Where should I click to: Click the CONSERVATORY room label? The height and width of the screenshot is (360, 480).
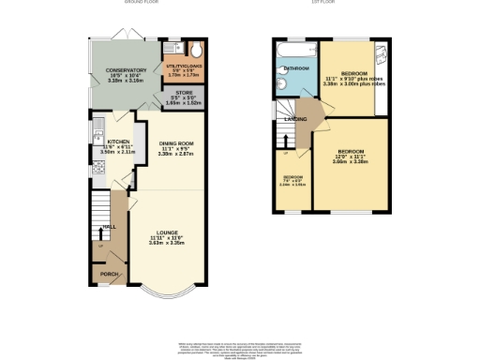pyautogui.click(x=126, y=69)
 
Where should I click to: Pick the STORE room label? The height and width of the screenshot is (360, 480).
pyautogui.click(x=184, y=93)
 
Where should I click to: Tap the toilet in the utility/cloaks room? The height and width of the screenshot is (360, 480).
pyautogui.click(x=195, y=52)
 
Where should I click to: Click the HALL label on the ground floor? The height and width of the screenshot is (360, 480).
pyautogui.click(x=110, y=226)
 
